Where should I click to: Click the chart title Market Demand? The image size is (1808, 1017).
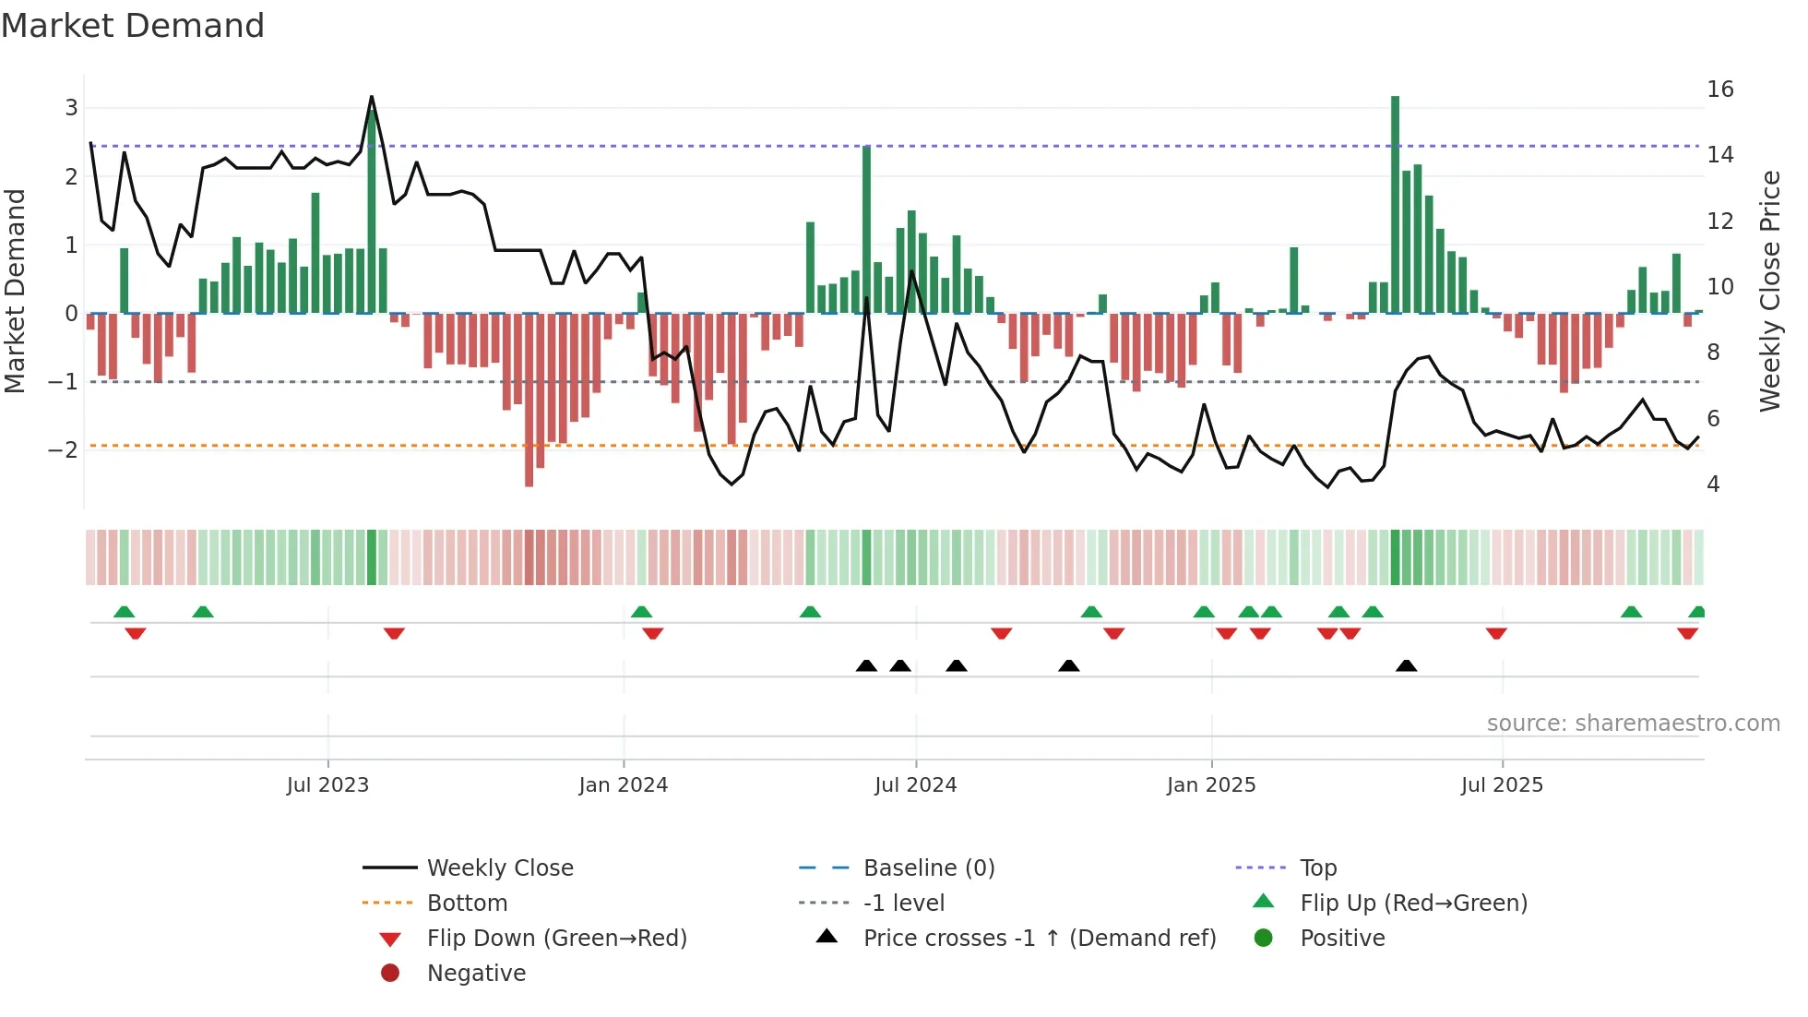tap(133, 26)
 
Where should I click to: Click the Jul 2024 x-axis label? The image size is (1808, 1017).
tap(915, 785)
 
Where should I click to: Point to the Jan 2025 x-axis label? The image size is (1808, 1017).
tap(1210, 785)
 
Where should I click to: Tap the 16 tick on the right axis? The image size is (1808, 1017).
tap(1719, 90)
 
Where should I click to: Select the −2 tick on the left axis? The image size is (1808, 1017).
tap(63, 450)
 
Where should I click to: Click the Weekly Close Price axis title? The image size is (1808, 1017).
tap(1769, 291)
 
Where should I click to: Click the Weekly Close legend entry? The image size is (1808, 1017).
tap(499, 868)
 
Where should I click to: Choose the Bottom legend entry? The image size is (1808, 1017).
tap(467, 903)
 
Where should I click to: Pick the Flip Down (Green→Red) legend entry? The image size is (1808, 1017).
tap(556, 939)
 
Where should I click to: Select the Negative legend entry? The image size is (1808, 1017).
tap(476, 974)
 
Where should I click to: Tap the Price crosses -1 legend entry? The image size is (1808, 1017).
tap(1039, 939)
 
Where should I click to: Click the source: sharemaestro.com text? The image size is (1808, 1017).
tap(1633, 724)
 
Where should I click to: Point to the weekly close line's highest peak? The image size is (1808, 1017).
tap(372, 97)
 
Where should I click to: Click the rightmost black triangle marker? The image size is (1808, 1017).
tap(1406, 666)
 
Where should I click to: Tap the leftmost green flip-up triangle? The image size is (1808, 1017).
tap(124, 612)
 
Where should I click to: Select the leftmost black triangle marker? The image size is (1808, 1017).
tap(866, 666)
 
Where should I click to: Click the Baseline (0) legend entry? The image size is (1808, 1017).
tap(928, 868)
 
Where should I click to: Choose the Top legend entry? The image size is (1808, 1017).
tap(1317, 868)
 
